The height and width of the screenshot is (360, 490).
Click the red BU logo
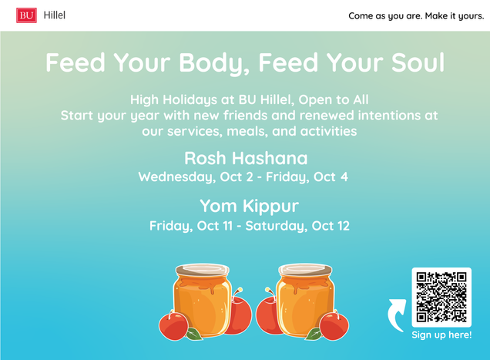pos(26,15)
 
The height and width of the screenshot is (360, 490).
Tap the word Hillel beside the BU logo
pos(55,15)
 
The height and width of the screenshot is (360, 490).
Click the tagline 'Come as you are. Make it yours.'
pos(416,16)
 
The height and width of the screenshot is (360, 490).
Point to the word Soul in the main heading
pos(418,62)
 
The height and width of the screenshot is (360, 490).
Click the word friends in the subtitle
pos(245,116)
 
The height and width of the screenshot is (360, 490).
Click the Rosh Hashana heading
pos(246,158)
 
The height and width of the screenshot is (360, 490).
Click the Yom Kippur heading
pos(249,206)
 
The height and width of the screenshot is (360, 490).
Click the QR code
pos(441,297)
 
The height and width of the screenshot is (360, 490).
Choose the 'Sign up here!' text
pos(441,335)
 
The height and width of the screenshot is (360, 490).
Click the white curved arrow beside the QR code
pos(397,315)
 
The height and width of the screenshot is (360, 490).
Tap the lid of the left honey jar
pos(203,270)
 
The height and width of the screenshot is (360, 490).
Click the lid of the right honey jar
pos(305,270)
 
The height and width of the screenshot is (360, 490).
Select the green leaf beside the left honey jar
pos(194,334)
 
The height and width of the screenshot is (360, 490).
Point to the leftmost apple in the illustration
pos(174,325)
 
